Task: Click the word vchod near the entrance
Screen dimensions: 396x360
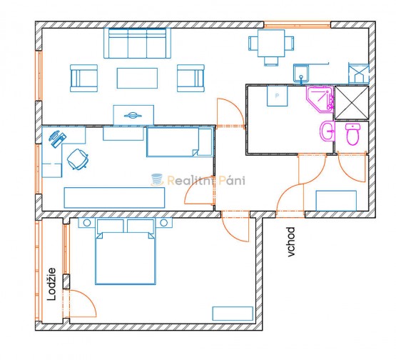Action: [x=291, y=242]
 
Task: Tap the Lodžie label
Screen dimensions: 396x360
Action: [x=51, y=284]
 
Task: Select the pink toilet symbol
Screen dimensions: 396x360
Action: [x=352, y=134]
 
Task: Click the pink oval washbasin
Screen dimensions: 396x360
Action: [x=328, y=131]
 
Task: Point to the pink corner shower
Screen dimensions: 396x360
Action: [x=320, y=99]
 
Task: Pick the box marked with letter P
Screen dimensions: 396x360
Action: [x=278, y=96]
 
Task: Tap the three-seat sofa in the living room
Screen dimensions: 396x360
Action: [x=137, y=43]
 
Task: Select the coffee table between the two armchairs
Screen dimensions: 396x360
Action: [x=137, y=78]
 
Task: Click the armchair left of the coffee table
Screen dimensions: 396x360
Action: [x=84, y=78]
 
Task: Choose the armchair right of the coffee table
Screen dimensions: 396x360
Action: [x=191, y=78]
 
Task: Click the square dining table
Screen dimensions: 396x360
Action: [x=271, y=44]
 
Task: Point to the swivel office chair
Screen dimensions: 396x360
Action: [x=77, y=159]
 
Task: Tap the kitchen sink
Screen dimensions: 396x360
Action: [x=301, y=74]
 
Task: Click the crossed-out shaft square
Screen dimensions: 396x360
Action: [x=352, y=103]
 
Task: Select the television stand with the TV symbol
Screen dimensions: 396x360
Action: [x=133, y=115]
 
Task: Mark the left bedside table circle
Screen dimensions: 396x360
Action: [x=87, y=223]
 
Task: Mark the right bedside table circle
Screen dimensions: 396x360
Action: [x=163, y=223]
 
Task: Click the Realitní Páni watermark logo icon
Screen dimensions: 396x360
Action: [x=157, y=180]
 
